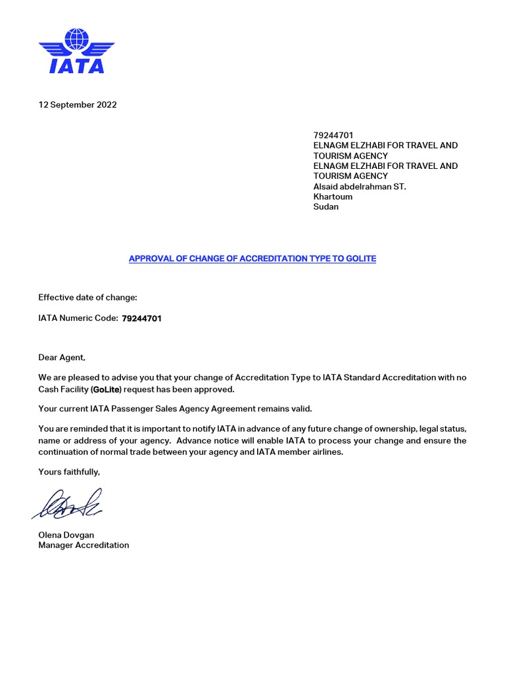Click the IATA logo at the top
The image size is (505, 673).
coord(76,51)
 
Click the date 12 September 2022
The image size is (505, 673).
coord(78,104)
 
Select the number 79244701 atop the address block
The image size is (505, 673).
coord(333,135)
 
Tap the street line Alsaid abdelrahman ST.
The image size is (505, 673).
coord(360,187)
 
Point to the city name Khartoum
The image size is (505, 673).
coord(333,197)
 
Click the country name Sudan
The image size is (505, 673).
coord(326,206)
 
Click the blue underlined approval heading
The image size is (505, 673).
coord(252,258)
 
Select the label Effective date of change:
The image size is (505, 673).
coord(87,297)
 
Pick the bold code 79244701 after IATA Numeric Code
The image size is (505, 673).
coord(141,319)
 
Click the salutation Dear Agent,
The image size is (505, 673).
coord(62,358)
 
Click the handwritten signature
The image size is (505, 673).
coord(66,504)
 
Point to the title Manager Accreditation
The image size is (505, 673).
coord(84,545)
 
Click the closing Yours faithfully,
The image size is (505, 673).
coord(69,472)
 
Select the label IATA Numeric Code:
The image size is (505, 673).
coord(78,319)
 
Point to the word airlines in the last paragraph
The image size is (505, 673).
coord(325,452)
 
